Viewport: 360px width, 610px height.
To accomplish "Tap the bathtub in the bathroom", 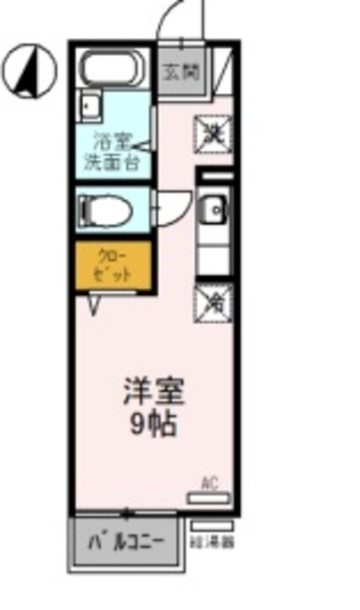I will (x=112, y=69).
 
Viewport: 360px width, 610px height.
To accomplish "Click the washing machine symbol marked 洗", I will (x=213, y=134).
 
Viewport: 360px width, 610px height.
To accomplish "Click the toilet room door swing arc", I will (x=171, y=208).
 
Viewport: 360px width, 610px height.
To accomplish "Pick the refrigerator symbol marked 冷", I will (x=213, y=302).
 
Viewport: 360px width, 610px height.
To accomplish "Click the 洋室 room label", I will (x=152, y=392).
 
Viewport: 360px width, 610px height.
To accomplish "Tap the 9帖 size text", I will (x=152, y=423).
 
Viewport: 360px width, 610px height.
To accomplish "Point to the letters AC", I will (x=210, y=482).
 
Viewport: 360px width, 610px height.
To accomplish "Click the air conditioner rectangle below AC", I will (x=209, y=498).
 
